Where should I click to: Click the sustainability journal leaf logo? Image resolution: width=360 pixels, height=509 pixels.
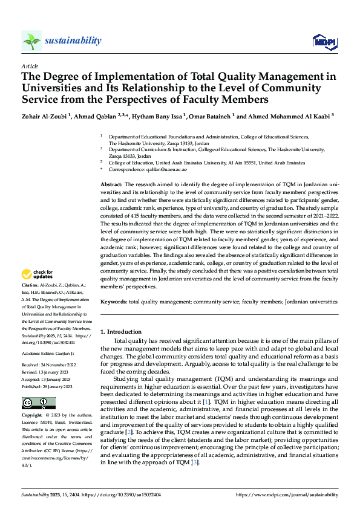coord(31,41)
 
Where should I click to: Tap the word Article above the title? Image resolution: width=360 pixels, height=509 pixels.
coord(30,66)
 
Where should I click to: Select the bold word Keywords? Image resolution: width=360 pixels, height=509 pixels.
coord(114,301)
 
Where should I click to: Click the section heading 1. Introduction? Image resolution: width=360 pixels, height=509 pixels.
coord(121,332)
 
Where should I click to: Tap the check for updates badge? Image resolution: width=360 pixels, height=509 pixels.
coord(38,275)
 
